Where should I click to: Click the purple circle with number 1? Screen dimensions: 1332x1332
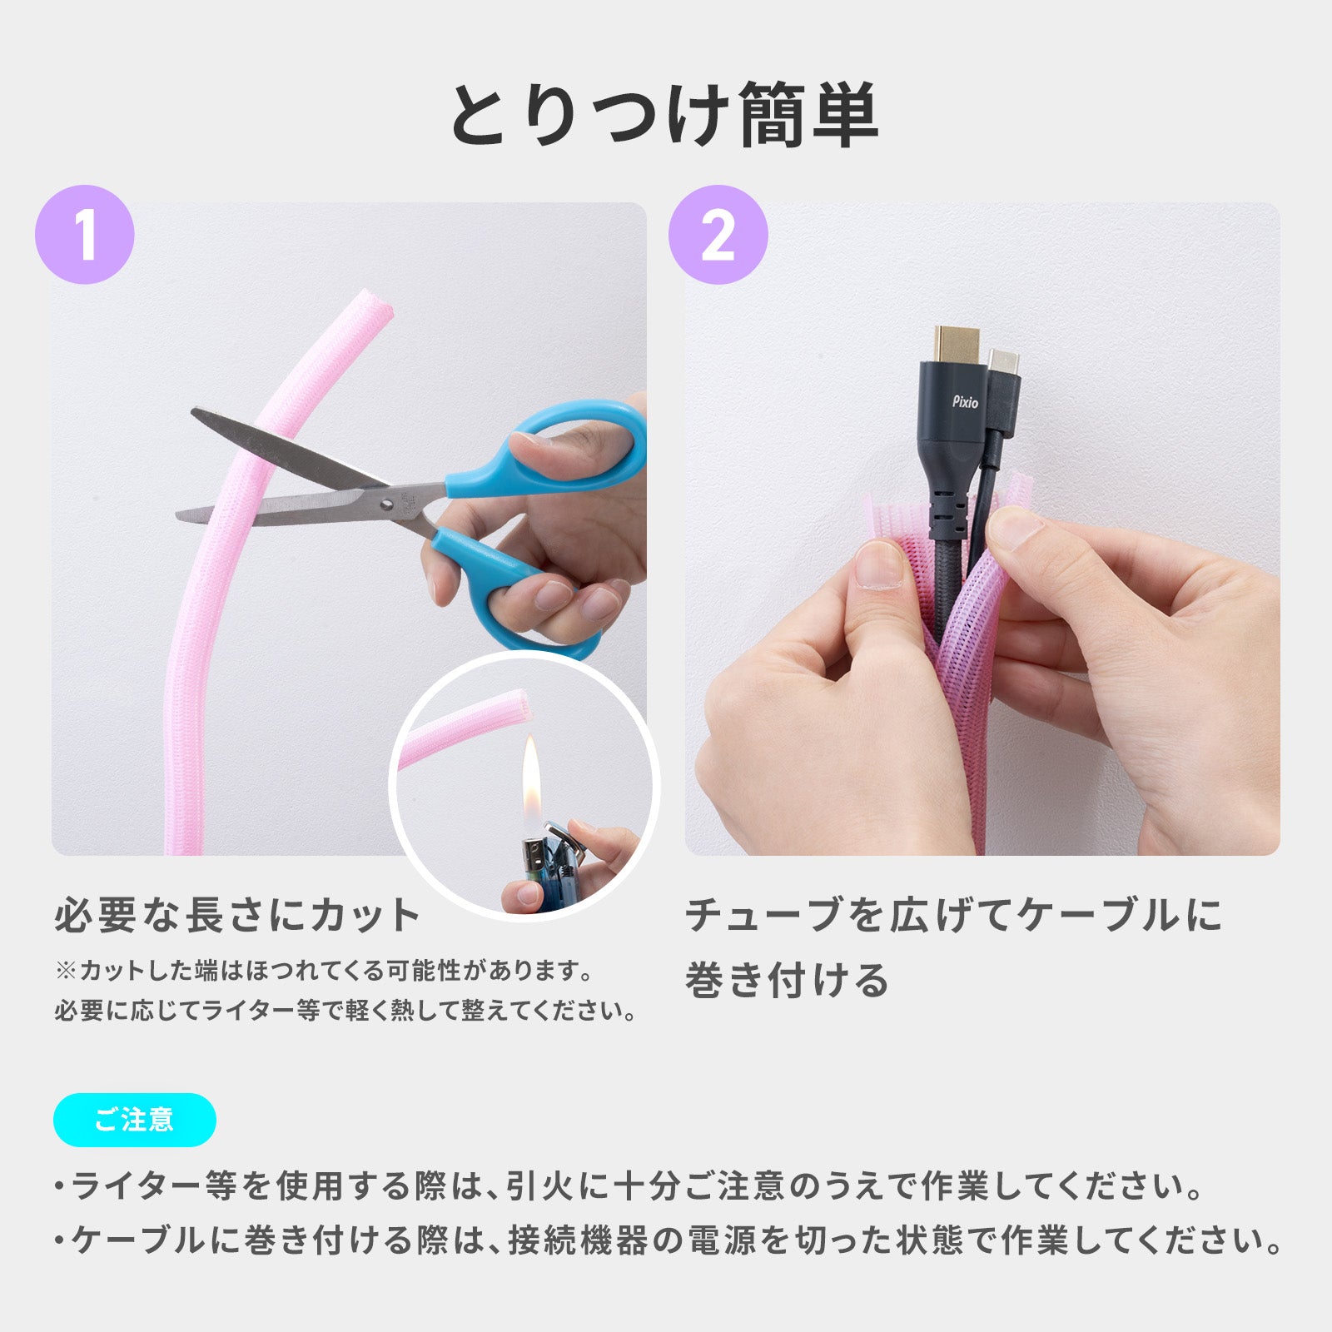pyautogui.click(x=85, y=235)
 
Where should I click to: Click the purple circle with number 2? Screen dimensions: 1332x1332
pyautogui.click(x=718, y=235)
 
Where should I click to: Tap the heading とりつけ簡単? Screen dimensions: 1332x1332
pyautogui.click(x=664, y=115)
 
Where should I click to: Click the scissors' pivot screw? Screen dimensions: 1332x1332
pyautogui.click(x=388, y=503)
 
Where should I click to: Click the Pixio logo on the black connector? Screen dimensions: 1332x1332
pyautogui.click(x=965, y=402)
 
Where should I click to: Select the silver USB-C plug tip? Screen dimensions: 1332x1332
pyautogui.click(x=1003, y=363)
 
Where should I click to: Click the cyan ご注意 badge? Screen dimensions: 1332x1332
pyautogui.click(x=135, y=1120)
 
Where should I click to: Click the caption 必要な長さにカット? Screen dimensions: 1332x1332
pyautogui.click(x=237, y=915)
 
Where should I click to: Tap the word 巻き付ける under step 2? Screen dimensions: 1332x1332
pyautogui.click(x=787, y=980)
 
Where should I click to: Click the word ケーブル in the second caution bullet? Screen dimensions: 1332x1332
pyautogui.click(x=138, y=1240)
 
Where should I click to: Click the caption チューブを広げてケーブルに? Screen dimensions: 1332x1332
pyautogui.click(x=953, y=915)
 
